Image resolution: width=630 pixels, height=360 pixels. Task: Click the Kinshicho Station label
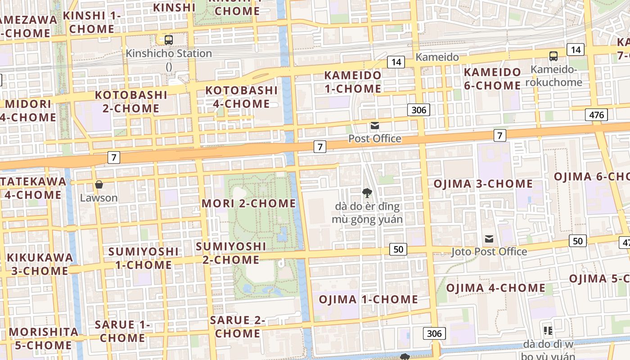[169, 54]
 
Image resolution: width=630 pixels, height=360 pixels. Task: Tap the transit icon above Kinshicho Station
[169, 40]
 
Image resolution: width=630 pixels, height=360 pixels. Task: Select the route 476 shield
[596, 115]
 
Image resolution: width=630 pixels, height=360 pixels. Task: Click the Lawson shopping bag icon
[99, 184]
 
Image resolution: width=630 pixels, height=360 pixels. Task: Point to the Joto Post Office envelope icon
[489, 238]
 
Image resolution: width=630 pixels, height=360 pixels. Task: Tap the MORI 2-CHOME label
[248, 203]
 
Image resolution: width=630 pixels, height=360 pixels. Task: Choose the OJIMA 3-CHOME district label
[483, 184]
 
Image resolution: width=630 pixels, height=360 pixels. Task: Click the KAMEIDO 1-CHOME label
[353, 82]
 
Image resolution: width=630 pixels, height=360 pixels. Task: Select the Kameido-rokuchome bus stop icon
[553, 56]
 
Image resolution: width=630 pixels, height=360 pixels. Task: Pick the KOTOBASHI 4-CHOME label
[242, 97]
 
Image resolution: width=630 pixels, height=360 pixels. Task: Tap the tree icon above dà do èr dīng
[367, 193]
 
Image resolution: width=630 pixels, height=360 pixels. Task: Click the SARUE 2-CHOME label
[238, 327]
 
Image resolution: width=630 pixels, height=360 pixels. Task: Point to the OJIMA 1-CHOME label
[368, 299]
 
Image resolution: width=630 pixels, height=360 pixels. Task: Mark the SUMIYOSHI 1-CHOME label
[144, 258]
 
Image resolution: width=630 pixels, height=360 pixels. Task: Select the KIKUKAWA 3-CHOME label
[40, 264]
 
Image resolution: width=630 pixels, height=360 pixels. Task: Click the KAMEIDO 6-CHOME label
[492, 79]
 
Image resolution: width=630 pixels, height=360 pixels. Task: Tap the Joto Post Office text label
[489, 252]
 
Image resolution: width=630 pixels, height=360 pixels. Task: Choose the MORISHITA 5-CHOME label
[40, 338]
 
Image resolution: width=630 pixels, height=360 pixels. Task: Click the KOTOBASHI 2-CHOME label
[131, 102]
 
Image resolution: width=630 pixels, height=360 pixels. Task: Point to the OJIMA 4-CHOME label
[495, 288]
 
